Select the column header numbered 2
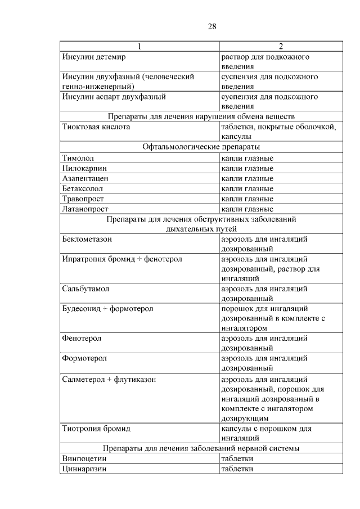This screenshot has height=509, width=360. click(281, 46)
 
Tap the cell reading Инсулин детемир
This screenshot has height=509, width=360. click(94, 57)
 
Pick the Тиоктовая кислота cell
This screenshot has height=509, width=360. click(96, 127)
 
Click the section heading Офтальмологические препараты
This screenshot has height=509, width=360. click(201, 147)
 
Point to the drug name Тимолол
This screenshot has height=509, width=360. click(78, 158)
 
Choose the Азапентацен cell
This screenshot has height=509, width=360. click(85, 178)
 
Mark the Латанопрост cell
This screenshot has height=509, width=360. click(85, 209)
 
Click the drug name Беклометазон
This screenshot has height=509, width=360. click(87, 239)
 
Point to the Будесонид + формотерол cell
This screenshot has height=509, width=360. click(107, 309)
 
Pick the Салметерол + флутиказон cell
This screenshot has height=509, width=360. click(109, 380)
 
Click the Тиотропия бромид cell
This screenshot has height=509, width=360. click(96, 429)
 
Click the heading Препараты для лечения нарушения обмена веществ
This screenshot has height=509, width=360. click(201, 116)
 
